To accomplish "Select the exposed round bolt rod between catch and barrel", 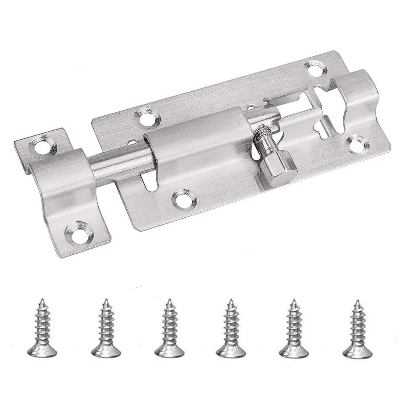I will [121, 161].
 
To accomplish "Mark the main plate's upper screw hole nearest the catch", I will [147, 118].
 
